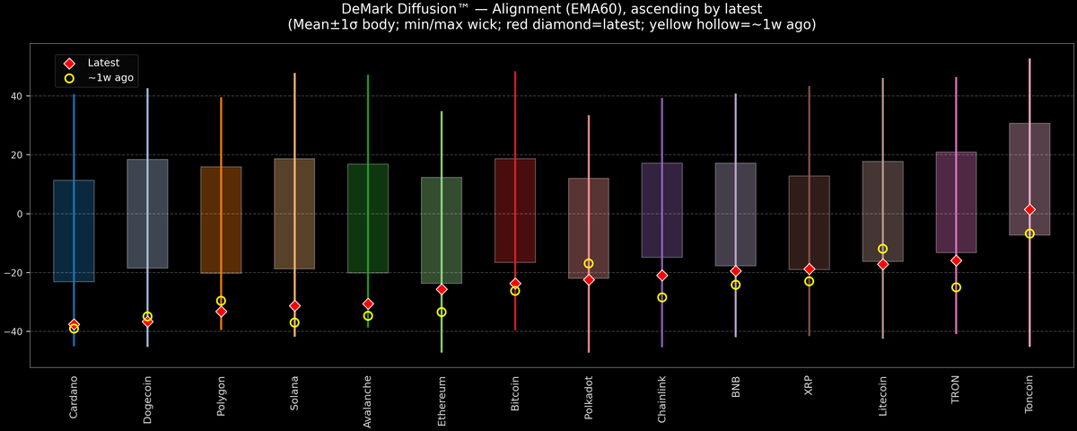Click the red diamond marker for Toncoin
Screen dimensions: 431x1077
[1029, 209]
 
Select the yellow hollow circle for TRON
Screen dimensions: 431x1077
[956, 287]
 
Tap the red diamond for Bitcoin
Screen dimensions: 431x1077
[515, 284]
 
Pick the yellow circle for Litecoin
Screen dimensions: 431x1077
[882, 249]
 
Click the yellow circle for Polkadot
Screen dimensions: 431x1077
[589, 264]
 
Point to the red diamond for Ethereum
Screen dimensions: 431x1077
[442, 289]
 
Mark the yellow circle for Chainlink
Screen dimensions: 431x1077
[662, 297]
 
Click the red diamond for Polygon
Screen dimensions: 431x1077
[221, 312]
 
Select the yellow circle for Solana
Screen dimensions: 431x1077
[294, 322]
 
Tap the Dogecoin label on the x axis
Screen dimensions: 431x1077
[147, 400]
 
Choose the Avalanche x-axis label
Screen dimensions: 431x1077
[368, 400]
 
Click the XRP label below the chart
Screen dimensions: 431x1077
[810, 388]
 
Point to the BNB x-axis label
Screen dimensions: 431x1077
[736, 388]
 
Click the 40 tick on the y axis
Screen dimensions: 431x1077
[18, 96]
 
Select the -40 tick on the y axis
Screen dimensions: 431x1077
[15, 332]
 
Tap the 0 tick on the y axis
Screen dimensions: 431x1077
[21, 214]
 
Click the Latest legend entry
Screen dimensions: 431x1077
[103, 63]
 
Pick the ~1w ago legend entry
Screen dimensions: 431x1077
[110, 78]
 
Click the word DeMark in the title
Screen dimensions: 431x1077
[370, 9]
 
